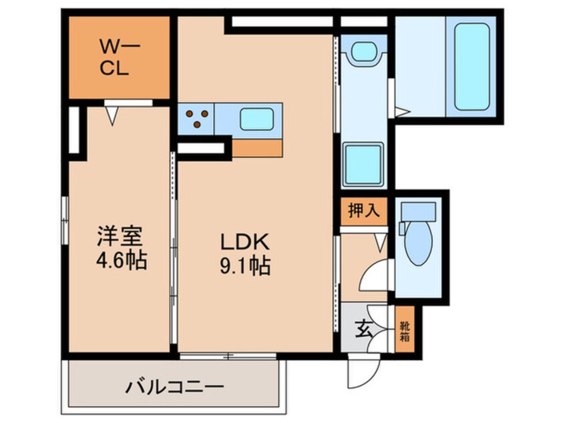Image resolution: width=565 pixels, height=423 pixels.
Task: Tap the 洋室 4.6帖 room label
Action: [121, 247]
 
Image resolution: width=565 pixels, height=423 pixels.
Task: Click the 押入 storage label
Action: [365, 211]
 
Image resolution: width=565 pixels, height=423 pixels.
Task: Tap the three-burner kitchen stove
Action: [196, 118]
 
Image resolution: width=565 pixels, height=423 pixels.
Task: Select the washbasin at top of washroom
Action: [364, 51]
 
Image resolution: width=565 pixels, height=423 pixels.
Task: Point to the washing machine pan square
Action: [364, 164]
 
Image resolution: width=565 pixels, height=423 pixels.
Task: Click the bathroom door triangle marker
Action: [401, 112]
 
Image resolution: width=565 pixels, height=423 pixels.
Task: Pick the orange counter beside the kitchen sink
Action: [257, 146]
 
